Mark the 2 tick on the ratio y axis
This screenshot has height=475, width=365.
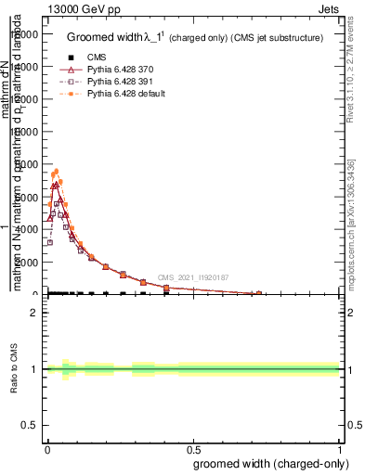[35, 313]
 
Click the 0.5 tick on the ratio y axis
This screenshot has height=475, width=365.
[31, 426]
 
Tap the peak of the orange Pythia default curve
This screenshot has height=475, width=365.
[56, 171]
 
